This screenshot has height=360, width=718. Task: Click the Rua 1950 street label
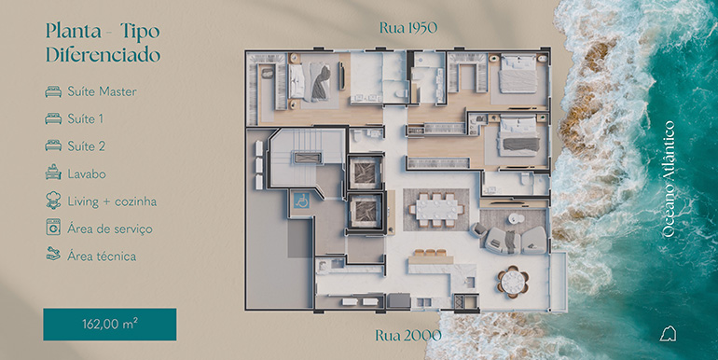click(x=408, y=28)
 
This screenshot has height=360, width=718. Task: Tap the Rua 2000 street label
click(x=408, y=335)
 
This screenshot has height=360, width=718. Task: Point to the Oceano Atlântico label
click(x=669, y=179)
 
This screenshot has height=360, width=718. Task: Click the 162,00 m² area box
click(x=110, y=325)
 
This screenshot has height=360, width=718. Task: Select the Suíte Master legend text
click(x=103, y=91)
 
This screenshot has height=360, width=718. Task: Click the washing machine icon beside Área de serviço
click(x=53, y=228)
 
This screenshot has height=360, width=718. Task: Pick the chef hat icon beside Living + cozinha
click(x=53, y=201)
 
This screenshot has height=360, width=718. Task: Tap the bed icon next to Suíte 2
click(x=53, y=145)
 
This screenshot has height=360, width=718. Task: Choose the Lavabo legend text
click(x=87, y=174)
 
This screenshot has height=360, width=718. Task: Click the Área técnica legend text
click(x=102, y=256)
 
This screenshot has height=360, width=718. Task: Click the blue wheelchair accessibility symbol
click(x=301, y=201)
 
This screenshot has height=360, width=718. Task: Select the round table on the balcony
click(x=513, y=282)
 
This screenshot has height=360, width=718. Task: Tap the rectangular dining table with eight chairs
click(x=436, y=209)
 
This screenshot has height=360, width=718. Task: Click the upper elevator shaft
click(x=365, y=173)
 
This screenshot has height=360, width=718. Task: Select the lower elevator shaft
click(x=365, y=211)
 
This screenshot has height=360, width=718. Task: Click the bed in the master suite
click(x=309, y=81)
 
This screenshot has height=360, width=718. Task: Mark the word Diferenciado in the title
click(x=103, y=55)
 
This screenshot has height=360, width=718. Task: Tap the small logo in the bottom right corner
click(x=668, y=334)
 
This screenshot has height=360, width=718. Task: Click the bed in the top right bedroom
click(x=518, y=74)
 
